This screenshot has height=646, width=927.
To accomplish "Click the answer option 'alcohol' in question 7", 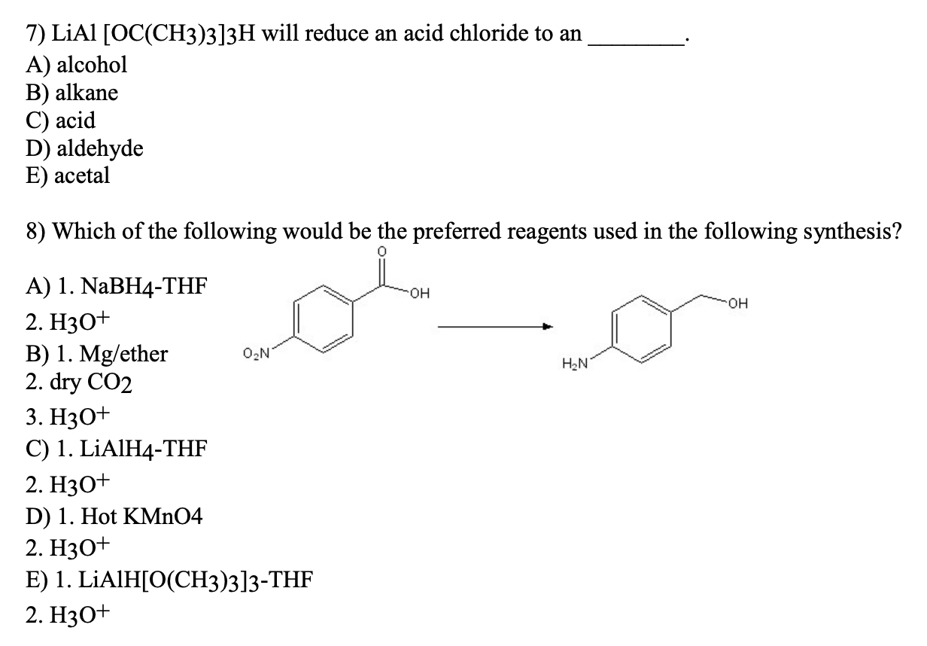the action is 92,65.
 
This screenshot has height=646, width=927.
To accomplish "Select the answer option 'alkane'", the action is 87,93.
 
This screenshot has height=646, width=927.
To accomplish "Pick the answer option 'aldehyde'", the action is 100,148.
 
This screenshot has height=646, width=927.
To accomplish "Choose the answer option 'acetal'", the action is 82,175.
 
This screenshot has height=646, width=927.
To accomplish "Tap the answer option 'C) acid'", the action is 60,120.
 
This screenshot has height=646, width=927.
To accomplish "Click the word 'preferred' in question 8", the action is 457,231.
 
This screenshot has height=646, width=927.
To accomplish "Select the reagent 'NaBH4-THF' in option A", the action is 144,286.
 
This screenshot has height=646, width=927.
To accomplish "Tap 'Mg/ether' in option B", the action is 123,355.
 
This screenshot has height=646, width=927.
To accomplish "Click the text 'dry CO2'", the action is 91,382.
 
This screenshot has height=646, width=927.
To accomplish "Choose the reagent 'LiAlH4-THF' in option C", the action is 143,449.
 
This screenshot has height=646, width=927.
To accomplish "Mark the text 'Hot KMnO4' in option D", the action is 141,516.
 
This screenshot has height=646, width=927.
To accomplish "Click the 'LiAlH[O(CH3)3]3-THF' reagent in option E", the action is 196,580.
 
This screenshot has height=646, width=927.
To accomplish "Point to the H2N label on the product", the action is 575,364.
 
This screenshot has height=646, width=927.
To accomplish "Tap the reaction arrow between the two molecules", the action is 495,327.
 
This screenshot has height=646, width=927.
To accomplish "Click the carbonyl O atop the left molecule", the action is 382,251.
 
